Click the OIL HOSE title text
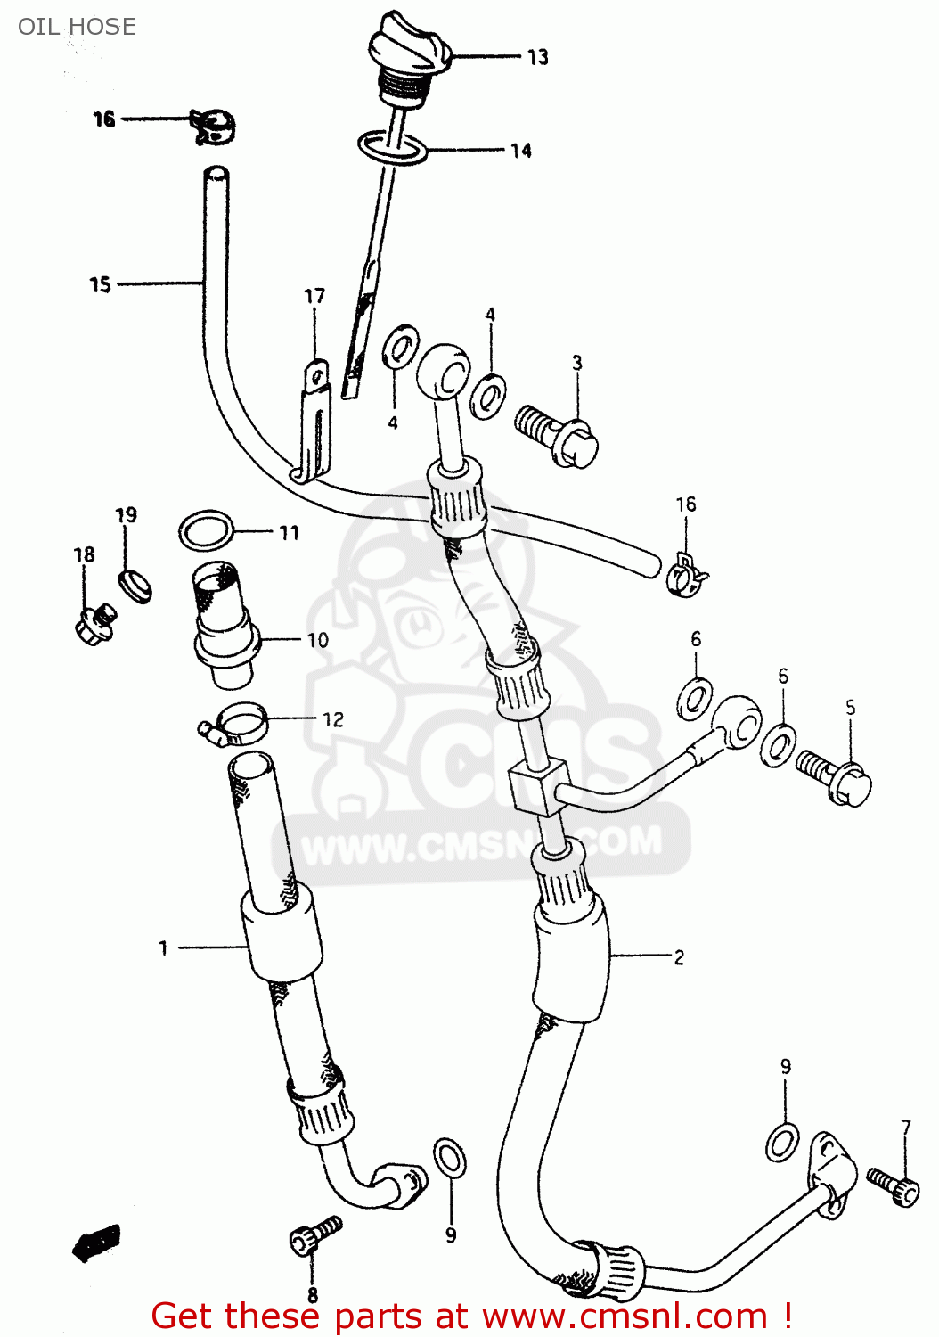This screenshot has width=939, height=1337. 77,27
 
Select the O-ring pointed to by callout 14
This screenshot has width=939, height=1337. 393,147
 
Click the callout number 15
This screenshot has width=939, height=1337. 100,284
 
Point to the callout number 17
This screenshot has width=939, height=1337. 314,296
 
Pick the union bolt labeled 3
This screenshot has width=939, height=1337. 558,435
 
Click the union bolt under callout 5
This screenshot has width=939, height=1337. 835,775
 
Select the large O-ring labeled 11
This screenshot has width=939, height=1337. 206,531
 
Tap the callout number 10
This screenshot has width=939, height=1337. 318,640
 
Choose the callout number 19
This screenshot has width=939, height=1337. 127,515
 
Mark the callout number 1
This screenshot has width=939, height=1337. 163,947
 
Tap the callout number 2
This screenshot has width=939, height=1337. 679,957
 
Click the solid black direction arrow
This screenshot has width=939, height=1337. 96,1242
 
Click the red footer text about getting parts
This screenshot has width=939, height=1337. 471,1316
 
